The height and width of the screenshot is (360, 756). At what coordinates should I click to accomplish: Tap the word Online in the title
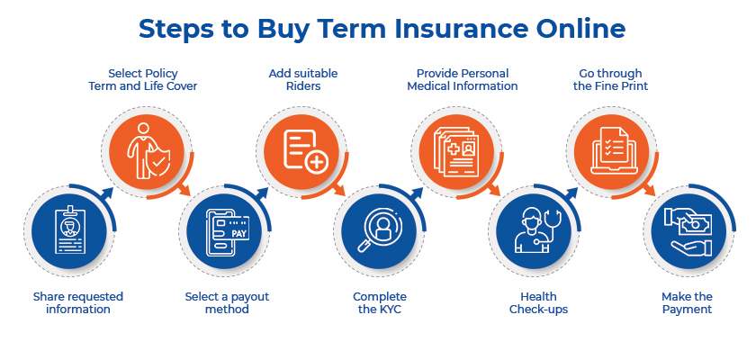click(576, 28)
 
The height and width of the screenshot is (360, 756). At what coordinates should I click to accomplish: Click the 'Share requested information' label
click(78, 302)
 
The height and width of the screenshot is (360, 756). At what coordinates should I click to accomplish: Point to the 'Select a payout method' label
click(227, 302)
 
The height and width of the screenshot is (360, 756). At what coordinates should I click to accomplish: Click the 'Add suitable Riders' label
click(302, 79)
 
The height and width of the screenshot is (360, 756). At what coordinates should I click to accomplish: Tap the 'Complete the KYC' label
click(379, 302)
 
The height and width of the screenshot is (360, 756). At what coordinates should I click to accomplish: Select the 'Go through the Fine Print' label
click(612, 79)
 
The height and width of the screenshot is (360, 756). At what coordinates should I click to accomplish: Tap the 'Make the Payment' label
click(687, 302)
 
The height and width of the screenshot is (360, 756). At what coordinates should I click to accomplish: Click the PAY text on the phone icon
click(238, 233)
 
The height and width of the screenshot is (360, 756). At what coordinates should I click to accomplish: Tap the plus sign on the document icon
click(316, 162)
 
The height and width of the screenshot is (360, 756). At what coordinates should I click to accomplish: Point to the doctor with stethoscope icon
click(533, 231)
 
